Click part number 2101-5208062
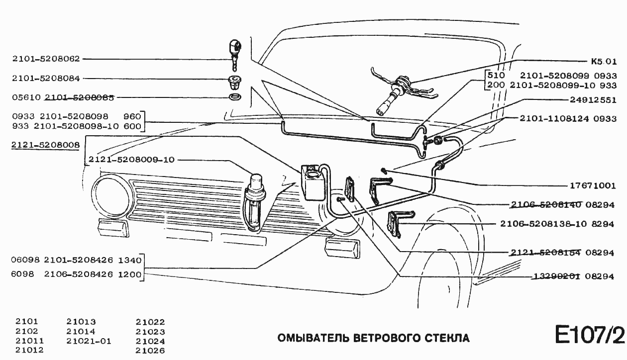tap(46, 59)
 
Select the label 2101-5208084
tap(46, 79)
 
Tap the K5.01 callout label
tap(604, 62)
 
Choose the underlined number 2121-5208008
tap(46, 145)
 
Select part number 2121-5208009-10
tap(131, 160)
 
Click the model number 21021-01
tap(89, 342)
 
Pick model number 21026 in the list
tap(150, 351)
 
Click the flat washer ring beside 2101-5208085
tap(234, 95)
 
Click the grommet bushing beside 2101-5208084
tap(234, 80)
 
